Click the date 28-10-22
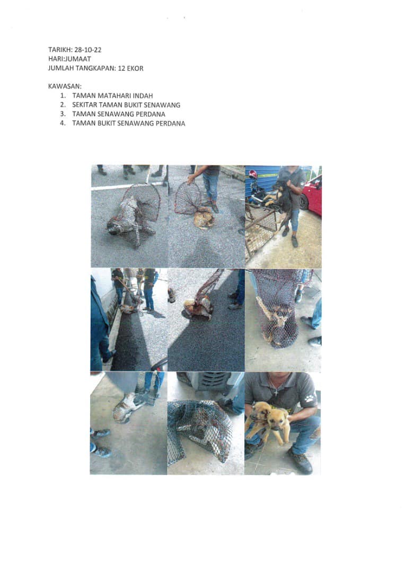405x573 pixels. pyautogui.click(x=87, y=50)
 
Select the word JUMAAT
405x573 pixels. pyautogui.click(x=79, y=59)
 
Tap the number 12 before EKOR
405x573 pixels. pyautogui.click(x=121, y=68)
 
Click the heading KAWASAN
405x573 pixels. pyautogui.click(x=65, y=86)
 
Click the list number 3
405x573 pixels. pyautogui.click(x=63, y=114)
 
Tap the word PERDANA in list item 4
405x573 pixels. pyautogui.click(x=170, y=123)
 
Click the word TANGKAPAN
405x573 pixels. pyautogui.click(x=98, y=68)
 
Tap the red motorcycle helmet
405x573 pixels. pyautogui.click(x=253, y=175)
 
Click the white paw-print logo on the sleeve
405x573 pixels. pyautogui.click(x=310, y=398)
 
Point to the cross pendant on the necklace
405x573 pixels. pyautogui.click(x=276, y=391)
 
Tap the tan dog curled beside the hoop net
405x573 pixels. pyautogui.click(x=204, y=218)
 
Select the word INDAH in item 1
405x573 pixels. pyautogui.click(x=144, y=95)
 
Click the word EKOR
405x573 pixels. pyautogui.click(x=135, y=68)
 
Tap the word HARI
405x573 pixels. pyautogui.click(x=56, y=59)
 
